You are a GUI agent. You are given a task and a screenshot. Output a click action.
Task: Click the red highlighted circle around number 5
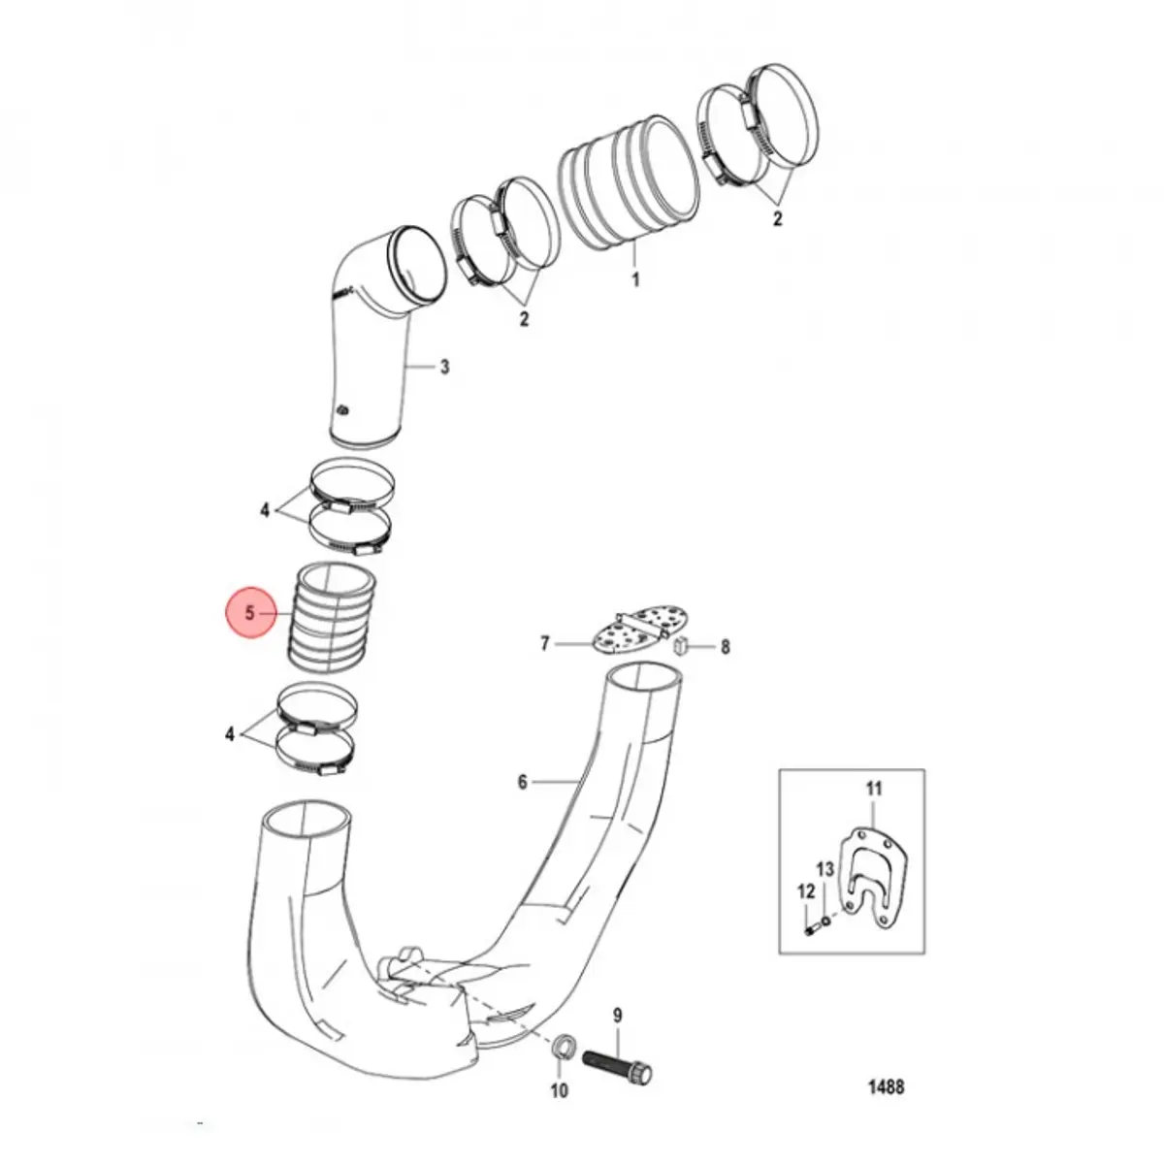coord(250,612)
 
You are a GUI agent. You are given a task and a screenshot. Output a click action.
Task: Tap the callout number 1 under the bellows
coord(634,279)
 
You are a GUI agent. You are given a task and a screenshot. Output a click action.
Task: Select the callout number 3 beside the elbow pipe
coord(444,367)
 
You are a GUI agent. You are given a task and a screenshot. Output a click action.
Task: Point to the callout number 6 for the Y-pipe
coord(523,782)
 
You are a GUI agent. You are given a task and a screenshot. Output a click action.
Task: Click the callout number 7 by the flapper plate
coord(545,644)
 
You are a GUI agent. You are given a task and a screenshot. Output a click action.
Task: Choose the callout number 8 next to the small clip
coord(725,647)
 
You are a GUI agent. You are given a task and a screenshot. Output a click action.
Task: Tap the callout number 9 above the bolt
coord(617,1016)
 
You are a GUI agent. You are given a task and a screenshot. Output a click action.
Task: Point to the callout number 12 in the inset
coord(806,891)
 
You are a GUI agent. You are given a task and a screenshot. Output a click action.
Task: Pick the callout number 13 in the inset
coord(825,869)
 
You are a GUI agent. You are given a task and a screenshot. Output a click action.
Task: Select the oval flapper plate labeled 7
coord(629,628)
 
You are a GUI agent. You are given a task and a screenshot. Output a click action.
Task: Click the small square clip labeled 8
coord(681,646)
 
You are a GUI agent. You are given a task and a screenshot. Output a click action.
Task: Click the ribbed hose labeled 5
coord(333,616)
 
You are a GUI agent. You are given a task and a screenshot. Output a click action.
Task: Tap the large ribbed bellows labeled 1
coord(629,181)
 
